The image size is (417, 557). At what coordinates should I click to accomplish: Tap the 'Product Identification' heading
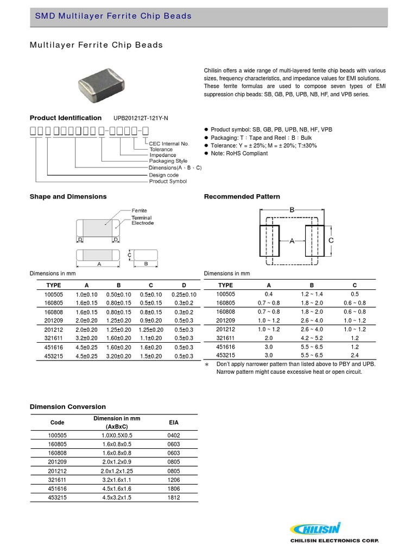[x=65, y=118]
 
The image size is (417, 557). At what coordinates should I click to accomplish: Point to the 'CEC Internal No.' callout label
[x=170, y=144]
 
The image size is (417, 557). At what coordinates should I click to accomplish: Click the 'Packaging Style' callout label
[x=168, y=161]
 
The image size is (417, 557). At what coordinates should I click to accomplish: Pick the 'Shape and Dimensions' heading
[x=68, y=196]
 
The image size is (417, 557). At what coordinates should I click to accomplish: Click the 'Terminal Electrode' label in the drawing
[x=142, y=220]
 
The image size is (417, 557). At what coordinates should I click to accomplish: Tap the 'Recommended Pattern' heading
[x=242, y=196]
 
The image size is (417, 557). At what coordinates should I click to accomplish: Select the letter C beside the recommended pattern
[x=331, y=240]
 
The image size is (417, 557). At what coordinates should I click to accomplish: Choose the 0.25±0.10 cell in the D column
[x=184, y=294]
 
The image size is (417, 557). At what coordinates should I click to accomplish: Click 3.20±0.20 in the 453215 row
[x=118, y=356]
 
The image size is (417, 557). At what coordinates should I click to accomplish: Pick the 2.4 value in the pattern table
[x=355, y=356]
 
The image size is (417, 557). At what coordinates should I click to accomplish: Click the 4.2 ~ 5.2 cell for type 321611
[x=312, y=337]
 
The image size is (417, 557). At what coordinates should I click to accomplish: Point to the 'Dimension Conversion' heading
[x=67, y=407]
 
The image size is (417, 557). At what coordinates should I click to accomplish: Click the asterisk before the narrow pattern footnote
[x=207, y=364]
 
